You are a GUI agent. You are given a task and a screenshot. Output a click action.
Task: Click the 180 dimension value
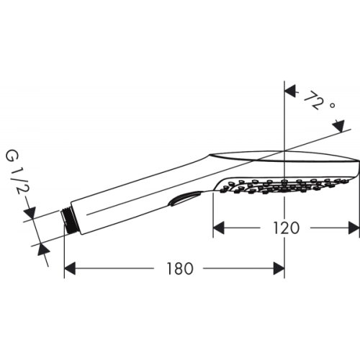point(180,269)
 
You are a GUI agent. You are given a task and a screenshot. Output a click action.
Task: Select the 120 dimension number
point(286,228)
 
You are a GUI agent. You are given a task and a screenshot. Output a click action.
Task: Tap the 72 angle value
point(311,100)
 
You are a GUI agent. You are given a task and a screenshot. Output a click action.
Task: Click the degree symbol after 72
point(332,106)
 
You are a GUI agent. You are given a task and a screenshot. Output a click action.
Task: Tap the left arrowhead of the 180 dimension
point(70,269)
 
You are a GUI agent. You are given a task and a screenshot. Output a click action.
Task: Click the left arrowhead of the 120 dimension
point(218,228)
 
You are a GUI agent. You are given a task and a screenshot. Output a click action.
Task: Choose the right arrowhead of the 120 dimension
point(354,228)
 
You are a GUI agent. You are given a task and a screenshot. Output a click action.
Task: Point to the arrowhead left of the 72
point(290,91)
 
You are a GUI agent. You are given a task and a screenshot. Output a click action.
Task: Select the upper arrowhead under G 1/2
point(30,214)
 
